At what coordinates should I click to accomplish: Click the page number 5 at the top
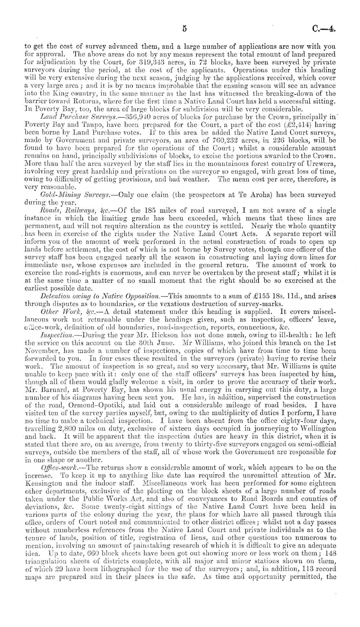pyautogui.click(x=185, y=28)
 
